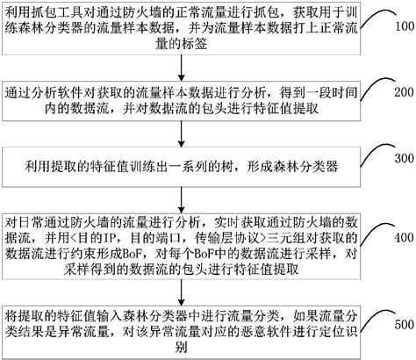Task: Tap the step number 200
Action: tap(402, 93)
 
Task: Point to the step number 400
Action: tap(402, 238)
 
